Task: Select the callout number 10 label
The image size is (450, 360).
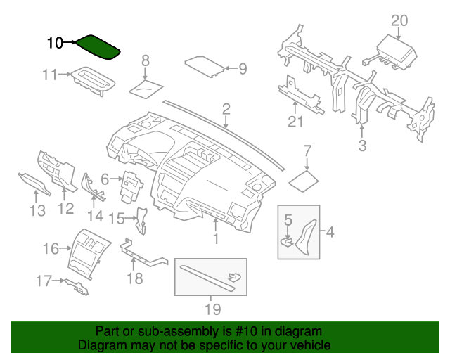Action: pos(55,44)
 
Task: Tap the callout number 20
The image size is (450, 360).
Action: pos(399,20)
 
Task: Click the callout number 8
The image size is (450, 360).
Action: pos(146,60)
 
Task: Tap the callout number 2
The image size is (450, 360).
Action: pos(226,108)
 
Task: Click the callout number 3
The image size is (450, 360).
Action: pos(363,146)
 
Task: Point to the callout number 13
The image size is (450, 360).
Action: pos(37,210)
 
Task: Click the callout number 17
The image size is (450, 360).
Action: pos(44,281)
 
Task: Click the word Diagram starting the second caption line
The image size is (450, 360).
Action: pos(101,345)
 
